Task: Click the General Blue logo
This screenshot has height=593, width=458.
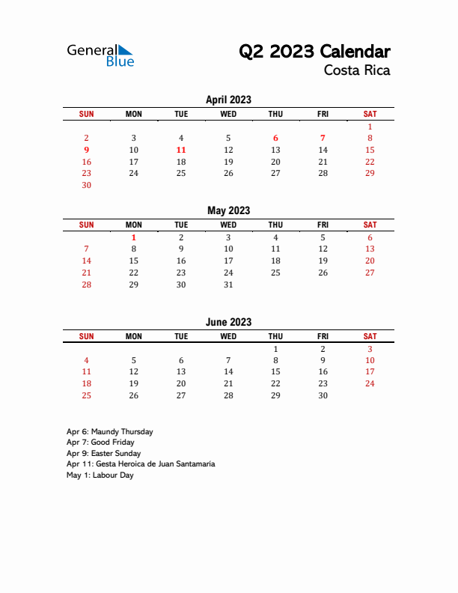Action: click(100, 55)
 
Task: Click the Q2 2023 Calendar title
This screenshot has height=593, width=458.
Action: click(314, 52)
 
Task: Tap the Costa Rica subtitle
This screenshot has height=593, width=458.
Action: click(357, 71)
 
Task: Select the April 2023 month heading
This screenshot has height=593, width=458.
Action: click(228, 100)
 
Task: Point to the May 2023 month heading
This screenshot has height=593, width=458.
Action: click(228, 210)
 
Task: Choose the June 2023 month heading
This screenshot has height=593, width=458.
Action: click(228, 322)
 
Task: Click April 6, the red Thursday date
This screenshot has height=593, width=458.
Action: click(275, 138)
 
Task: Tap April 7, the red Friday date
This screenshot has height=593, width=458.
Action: click(323, 138)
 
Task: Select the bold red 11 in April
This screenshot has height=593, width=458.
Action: click(181, 150)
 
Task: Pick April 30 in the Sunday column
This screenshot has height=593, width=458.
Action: click(86, 185)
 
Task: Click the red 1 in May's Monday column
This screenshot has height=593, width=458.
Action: click(134, 237)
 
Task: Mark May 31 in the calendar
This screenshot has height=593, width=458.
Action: click(228, 285)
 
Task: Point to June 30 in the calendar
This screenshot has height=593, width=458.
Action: click(323, 395)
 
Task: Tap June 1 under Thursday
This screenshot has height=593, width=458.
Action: click(275, 349)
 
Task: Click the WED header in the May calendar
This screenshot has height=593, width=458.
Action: click(228, 225)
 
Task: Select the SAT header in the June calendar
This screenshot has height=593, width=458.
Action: click(370, 336)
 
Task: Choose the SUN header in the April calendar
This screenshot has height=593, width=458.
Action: click(86, 114)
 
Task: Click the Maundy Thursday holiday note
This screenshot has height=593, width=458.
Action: click(109, 431)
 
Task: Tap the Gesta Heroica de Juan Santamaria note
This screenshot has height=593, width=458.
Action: click(140, 464)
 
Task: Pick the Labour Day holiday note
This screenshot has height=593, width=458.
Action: click(100, 475)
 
